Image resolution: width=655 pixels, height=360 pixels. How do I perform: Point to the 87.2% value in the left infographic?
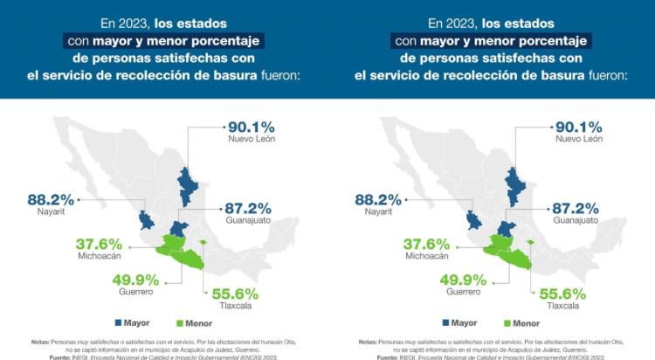(247, 208)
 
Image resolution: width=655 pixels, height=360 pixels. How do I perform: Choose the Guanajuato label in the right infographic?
(575, 220)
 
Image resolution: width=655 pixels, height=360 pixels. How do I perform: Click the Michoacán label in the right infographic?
(427, 256)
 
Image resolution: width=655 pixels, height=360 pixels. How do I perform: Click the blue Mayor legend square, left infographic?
(118, 323)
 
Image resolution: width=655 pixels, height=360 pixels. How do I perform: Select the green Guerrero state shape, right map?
(516, 259)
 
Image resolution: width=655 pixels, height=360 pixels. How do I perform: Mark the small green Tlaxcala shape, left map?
(202, 242)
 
